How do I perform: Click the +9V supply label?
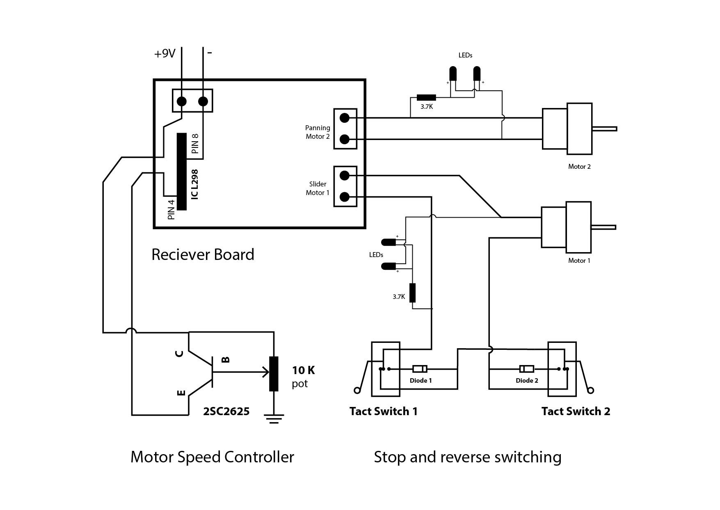tap(165, 54)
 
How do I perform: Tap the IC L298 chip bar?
tap(182, 172)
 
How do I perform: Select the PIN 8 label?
tap(195, 144)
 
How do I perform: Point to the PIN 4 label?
tap(171, 209)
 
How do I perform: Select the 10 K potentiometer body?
tap(274, 374)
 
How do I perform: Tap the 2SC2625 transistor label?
tap(226, 411)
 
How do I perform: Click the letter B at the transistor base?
tap(226, 360)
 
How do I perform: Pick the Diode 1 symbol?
tap(420, 369)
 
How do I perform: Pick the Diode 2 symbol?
tap(526, 368)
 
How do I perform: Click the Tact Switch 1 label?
tap(384, 411)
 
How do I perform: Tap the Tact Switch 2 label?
tap(576, 411)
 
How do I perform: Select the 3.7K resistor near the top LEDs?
tap(426, 98)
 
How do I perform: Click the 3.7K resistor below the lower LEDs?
tap(412, 293)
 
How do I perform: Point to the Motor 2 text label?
tap(579, 166)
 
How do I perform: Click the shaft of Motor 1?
tap(603, 227)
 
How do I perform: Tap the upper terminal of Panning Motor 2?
tap(345, 118)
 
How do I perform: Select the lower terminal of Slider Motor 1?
tap(345, 197)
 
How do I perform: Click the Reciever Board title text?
tap(203, 255)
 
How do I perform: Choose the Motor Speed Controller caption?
tap(212, 457)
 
